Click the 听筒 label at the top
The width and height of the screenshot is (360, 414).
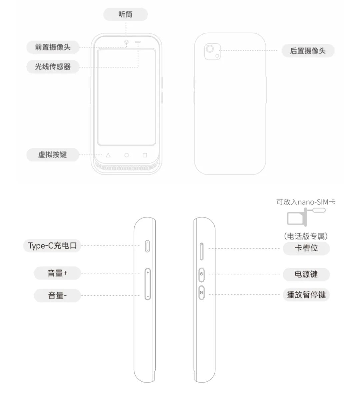coord(125,14)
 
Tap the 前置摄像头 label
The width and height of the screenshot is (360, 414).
coord(53,47)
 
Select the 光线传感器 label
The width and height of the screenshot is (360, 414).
coord(53,66)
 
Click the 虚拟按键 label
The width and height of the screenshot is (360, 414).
coord(52,154)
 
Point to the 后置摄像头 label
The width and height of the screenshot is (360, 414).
coord(308,51)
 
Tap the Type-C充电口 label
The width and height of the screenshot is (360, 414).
coord(52,246)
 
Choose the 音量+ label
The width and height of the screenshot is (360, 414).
coord(57,273)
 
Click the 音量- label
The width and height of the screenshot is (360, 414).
coord(57,295)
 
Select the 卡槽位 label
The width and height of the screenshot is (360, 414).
coord(306,248)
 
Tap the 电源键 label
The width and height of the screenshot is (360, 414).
coord(306,274)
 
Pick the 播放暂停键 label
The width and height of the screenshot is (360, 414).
coord(306,295)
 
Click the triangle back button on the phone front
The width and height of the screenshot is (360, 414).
coord(108,155)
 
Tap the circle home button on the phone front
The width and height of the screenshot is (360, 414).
coord(126,155)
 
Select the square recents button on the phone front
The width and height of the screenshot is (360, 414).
coord(145,155)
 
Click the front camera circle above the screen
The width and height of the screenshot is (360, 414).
coord(127,42)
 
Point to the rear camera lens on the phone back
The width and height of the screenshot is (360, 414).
coord(210,49)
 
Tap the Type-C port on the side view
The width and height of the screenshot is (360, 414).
coord(147,246)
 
